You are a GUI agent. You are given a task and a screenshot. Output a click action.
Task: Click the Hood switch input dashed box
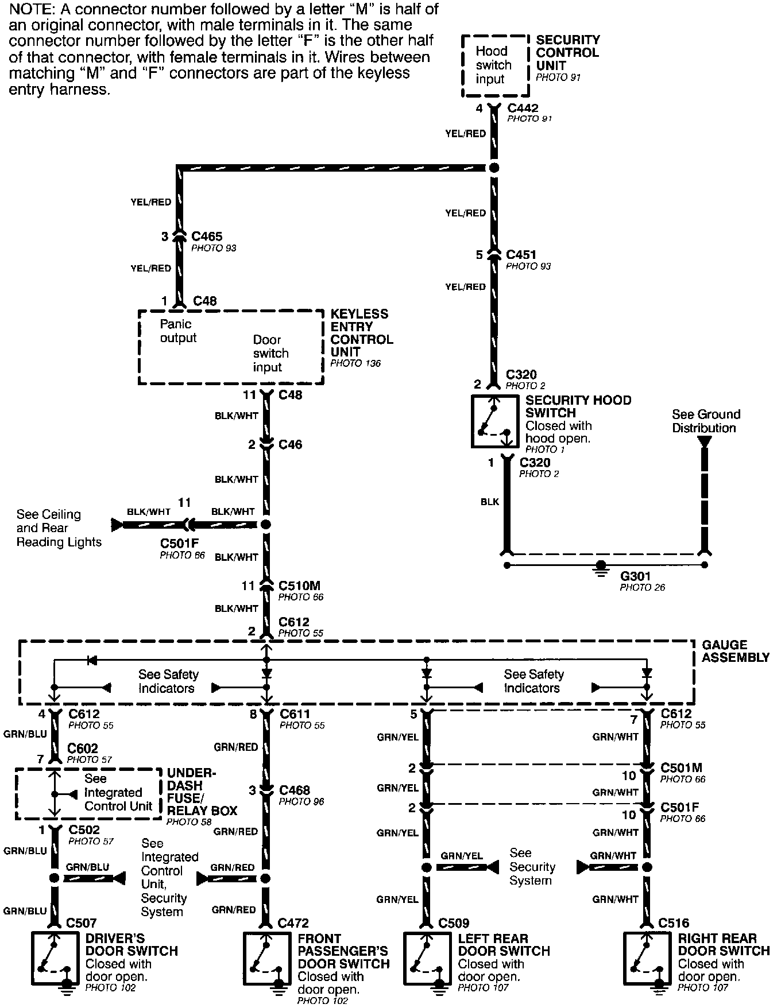494,65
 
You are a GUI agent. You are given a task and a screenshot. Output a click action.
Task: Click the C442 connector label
523,108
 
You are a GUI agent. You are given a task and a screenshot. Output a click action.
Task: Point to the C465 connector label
206,236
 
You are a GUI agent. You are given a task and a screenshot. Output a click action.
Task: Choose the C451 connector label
521,254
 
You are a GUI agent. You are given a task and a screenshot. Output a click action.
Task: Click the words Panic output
177,331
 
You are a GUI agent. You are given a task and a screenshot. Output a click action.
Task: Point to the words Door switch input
270,353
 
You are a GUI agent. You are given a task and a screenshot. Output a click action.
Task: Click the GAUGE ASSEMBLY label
735,651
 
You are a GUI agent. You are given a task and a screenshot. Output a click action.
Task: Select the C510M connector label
299,586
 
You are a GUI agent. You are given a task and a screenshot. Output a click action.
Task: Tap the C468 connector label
294,790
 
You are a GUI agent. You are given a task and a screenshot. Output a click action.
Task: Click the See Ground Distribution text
706,421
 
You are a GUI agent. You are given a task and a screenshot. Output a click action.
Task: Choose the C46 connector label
290,444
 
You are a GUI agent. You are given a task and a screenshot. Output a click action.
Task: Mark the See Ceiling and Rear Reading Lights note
59,528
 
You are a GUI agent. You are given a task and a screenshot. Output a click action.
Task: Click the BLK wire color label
490,502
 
